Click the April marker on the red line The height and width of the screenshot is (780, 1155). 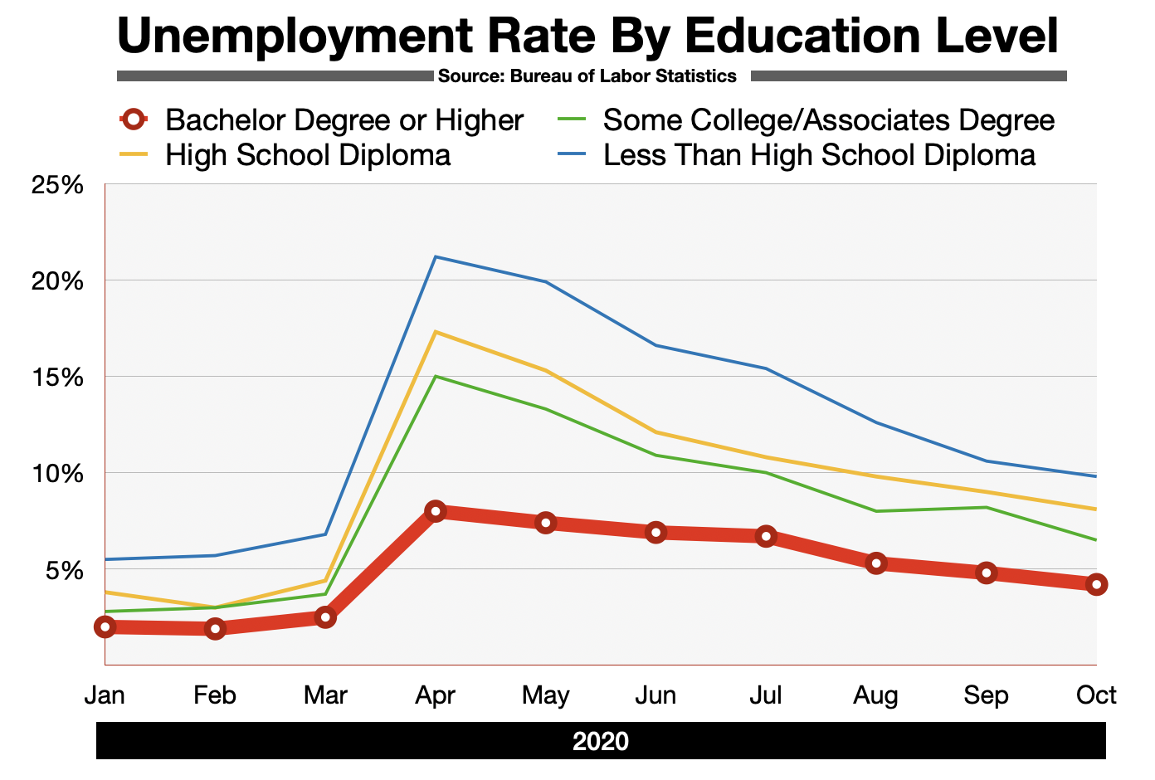point(436,511)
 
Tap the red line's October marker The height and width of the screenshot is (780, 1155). point(1096,584)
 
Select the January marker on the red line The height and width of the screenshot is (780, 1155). point(105,626)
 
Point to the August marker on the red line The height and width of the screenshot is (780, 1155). point(875,563)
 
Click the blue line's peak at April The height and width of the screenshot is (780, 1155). point(436,256)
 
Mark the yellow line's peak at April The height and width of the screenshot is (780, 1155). point(436,332)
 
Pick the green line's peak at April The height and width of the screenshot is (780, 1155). point(436,377)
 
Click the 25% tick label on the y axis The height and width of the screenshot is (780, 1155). point(57,184)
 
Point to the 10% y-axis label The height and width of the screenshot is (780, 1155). point(57,474)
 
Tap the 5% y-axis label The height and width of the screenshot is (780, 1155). point(63,570)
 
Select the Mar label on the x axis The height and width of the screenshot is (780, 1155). point(325,695)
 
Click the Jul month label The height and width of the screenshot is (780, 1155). point(765,695)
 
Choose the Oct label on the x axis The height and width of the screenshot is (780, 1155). point(1096,695)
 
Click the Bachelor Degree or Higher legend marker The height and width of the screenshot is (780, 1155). point(133,119)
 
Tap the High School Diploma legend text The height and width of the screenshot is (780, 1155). point(308,155)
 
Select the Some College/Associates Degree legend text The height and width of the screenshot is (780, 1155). point(828,120)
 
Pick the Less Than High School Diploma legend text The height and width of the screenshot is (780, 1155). point(819,155)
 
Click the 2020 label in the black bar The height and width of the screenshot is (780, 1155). point(601,741)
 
